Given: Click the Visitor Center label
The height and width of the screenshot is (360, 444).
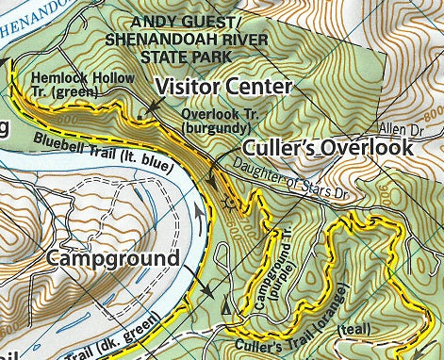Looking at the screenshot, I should pyautogui.click(x=223, y=87).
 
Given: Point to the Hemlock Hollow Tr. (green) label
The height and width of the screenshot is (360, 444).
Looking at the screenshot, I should pyautogui.click(x=74, y=85).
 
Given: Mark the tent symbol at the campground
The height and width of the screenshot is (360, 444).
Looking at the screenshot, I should pyautogui.click(x=224, y=307).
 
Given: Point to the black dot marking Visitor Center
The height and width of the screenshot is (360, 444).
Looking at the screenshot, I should pyautogui.click(x=139, y=117).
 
